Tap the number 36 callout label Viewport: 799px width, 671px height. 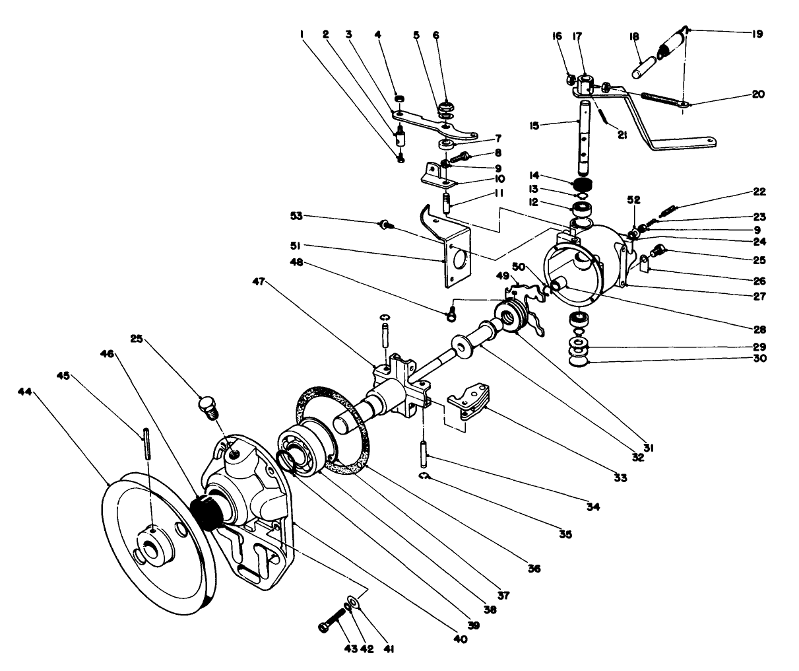534,568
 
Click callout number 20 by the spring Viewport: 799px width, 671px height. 758,94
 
